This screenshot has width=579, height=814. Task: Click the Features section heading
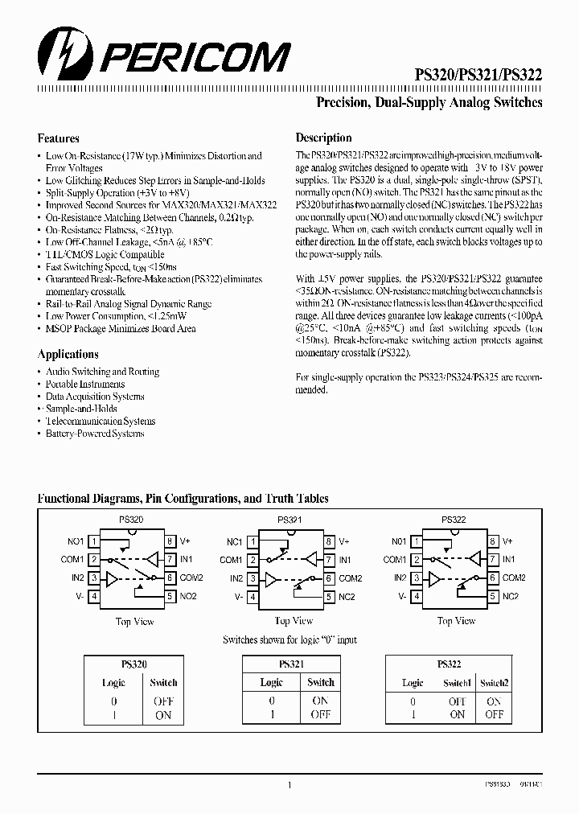(58, 138)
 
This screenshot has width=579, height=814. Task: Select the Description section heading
(323, 138)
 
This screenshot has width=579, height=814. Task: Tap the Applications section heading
(68, 354)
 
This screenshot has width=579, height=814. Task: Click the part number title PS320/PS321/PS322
(478, 74)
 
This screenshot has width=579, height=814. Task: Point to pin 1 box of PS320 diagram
(94, 541)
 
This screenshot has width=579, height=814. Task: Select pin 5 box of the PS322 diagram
(492, 596)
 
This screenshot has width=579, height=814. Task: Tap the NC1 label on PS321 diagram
(235, 541)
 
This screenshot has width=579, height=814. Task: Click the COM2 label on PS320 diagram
(191, 578)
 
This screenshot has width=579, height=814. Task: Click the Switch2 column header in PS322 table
(494, 682)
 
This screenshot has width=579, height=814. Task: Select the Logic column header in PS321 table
(271, 682)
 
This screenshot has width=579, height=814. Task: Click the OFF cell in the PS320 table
(163, 701)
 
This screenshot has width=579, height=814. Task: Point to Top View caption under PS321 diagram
(294, 621)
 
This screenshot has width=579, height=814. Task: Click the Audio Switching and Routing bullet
(102, 372)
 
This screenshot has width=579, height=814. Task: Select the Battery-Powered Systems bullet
(95, 434)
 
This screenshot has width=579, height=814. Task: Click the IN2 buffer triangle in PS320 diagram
(113, 578)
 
